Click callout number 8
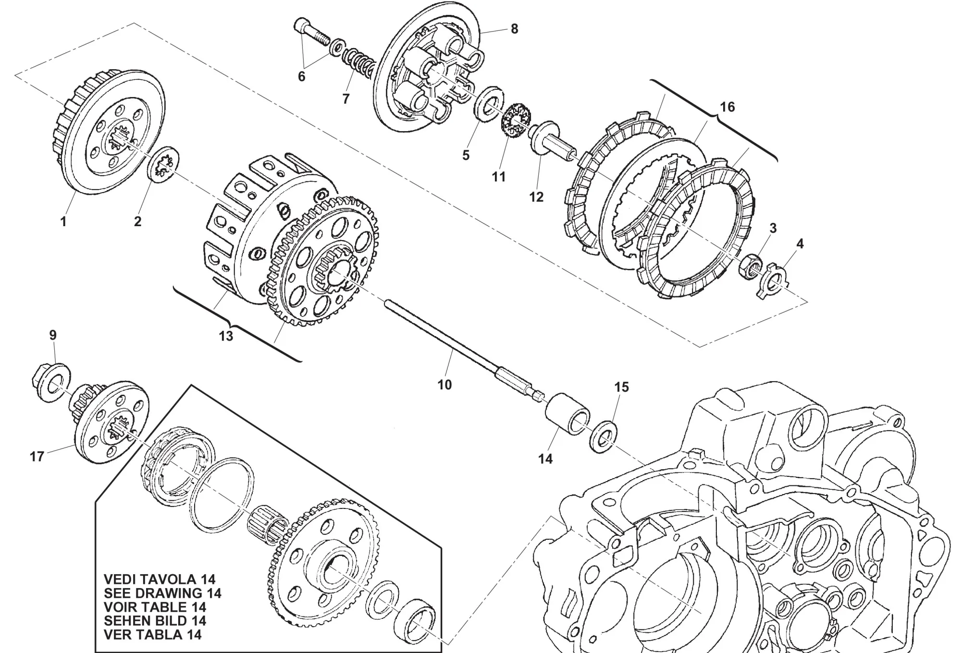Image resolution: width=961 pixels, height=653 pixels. (x=514, y=29)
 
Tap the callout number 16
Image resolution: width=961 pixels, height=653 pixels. (x=727, y=107)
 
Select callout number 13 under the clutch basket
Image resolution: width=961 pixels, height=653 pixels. (x=226, y=336)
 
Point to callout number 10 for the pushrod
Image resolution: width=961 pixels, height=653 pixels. (x=444, y=385)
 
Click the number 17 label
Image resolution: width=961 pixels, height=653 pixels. (x=37, y=456)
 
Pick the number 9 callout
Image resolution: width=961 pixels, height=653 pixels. (x=53, y=335)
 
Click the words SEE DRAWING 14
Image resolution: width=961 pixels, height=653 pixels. (x=162, y=593)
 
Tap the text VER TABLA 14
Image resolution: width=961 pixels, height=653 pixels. (x=152, y=634)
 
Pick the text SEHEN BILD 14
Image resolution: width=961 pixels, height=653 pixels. (x=155, y=620)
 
